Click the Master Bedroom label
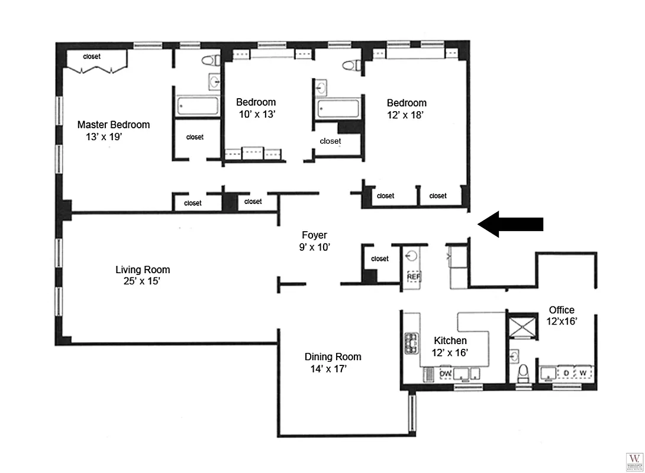coord(114,125)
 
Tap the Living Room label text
coord(143,270)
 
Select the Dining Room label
coord(333,357)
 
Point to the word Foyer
coord(314,235)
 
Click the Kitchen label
coord(450,341)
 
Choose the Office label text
coord(562,310)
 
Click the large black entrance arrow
coord(510,224)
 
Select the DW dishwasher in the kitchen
coord(446,374)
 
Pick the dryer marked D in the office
coord(566,372)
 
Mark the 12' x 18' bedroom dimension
coord(405,115)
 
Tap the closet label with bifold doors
coord(92,57)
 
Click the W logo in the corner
coord(634,460)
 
